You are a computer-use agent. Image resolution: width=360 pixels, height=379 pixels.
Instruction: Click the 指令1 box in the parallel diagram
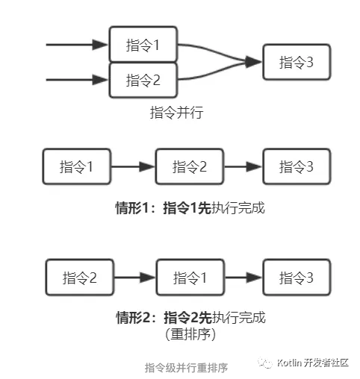click(143, 46)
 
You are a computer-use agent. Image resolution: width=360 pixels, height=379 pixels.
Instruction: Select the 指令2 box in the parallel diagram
click(143, 80)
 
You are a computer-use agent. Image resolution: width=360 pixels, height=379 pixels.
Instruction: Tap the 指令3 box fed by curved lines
click(297, 63)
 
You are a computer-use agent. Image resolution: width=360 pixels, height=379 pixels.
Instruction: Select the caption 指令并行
click(176, 113)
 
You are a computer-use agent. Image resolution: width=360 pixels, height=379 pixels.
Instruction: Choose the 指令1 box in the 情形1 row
click(77, 166)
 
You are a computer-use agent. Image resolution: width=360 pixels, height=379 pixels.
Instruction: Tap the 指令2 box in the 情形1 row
click(190, 166)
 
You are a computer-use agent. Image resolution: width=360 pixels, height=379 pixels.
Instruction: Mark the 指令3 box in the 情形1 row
click(297, 166)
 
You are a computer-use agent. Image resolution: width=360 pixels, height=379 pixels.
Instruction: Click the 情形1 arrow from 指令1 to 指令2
click(133, 166)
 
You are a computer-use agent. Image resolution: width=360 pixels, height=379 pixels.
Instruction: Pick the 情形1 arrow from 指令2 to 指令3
click(243, 166)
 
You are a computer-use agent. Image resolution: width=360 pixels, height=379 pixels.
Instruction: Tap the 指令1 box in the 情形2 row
click(190, 278)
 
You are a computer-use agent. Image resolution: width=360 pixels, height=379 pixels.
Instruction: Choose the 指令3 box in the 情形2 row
click(297, 278)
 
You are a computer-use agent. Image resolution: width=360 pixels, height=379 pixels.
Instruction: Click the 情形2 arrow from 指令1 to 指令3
click(243, 278)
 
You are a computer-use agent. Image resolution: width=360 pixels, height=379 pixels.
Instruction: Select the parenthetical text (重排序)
click(190, 335)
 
